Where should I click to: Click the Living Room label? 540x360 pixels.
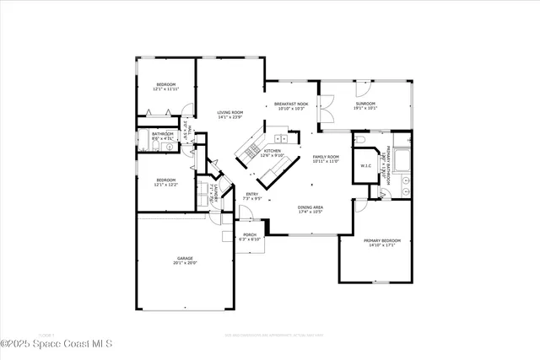tap(229, 115)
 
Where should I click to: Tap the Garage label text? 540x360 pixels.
tap(186, 260)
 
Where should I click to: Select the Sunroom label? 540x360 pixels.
tap(366, 105)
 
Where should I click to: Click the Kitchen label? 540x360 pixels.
tap(272, 153)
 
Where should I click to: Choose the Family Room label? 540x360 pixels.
tap(326, 159)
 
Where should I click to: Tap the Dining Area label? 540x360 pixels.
tap(310, 209)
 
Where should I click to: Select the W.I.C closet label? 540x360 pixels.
tap(366, 165)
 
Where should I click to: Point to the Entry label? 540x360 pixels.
tap(252, 196)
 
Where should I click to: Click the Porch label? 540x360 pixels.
tap(250, 237)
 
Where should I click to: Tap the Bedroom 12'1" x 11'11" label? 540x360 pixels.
tap(165, 86)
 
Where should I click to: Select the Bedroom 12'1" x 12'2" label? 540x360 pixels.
tap(165, 181)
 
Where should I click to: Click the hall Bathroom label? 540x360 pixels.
tap(163, 136)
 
